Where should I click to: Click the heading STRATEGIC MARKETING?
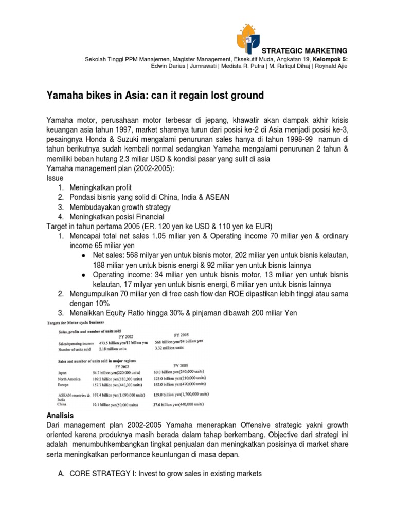(x=305, y=50)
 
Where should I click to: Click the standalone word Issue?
(x=55, y=178)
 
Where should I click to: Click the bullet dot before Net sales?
(x=84, y=255)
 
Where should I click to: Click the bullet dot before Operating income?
(x=84, y=275)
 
